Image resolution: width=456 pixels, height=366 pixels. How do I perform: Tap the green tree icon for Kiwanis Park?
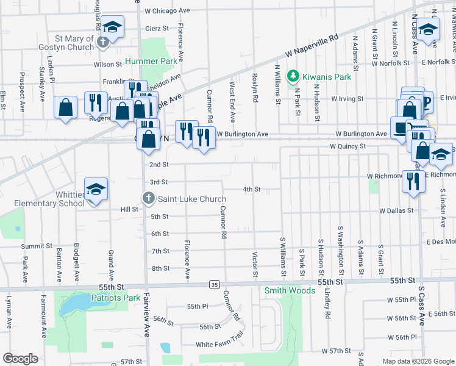tap(293, 77)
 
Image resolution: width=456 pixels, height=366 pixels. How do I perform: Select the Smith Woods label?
tap(290, 291)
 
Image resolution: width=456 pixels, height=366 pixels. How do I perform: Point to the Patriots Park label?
tap(116, 298)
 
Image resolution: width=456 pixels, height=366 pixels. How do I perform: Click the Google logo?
tap(21, 359)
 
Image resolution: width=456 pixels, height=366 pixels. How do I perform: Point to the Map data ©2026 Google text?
tap(418, 361)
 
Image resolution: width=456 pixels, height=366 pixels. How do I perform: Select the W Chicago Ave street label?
tap(168, 10)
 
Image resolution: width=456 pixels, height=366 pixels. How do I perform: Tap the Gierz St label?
tap(157, 28)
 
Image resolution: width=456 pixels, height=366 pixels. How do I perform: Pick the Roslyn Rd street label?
tap(255, 88)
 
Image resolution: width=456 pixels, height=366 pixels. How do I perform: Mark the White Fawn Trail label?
tap(220, 345)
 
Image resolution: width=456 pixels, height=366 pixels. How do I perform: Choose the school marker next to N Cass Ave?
tap(428, 30)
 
